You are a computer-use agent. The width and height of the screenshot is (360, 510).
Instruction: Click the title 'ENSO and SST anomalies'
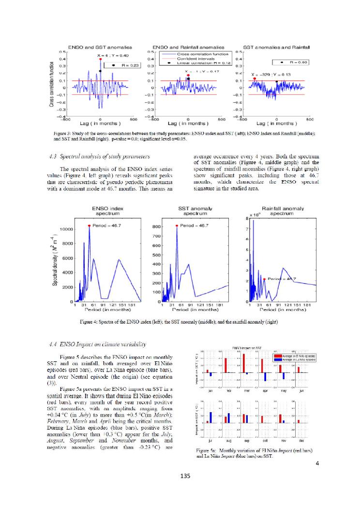tap(99, 47)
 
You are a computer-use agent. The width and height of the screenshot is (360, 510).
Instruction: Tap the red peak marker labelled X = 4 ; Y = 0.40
tap(100, 59)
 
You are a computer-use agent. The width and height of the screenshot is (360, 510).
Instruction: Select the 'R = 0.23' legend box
tap(121, 64)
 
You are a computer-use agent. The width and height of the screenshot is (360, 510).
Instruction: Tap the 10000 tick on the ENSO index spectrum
tap(66, 229)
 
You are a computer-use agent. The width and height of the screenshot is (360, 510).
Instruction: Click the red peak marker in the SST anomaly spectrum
tap(177, 226)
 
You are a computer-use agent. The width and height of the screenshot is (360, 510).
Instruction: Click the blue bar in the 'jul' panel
tap(210, 417)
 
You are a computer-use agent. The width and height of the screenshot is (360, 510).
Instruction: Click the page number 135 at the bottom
tap(180, 491)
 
